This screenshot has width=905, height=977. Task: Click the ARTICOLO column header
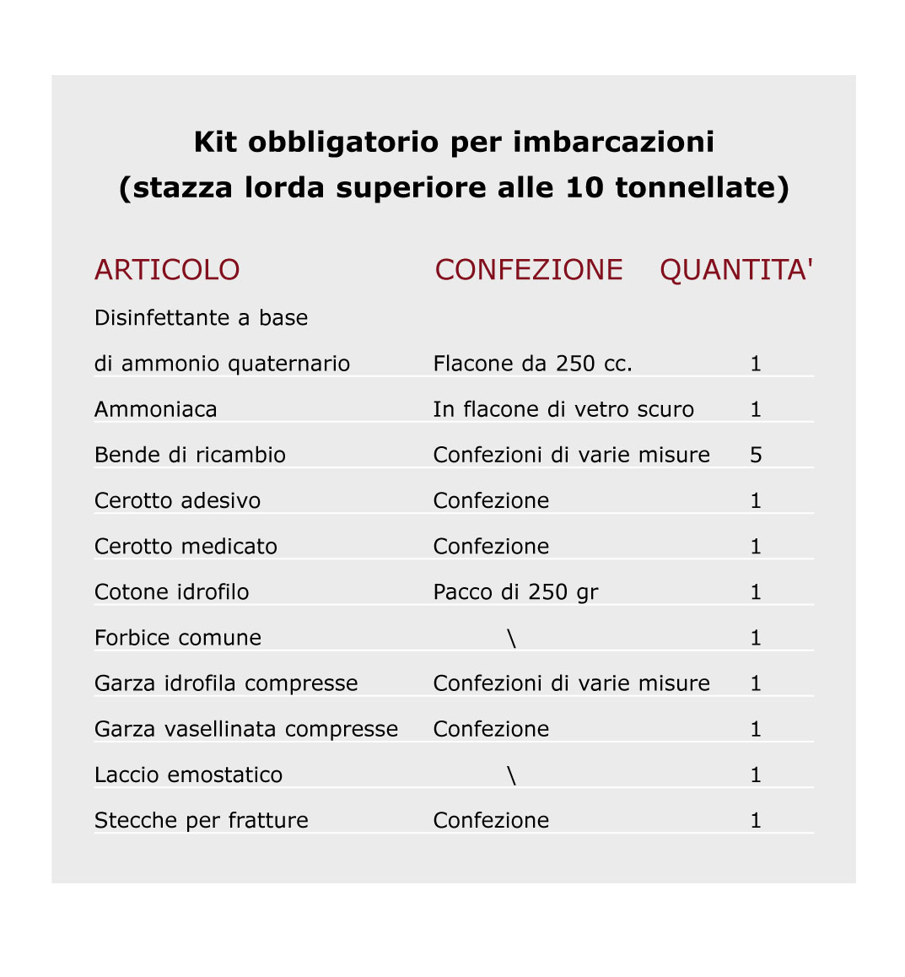pos(167,270)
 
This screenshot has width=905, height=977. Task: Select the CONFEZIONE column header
pos(529,270)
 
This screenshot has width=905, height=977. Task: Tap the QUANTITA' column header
pos(736,270)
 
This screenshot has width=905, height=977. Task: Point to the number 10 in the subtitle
pos(584,187)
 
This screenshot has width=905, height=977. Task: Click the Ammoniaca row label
pos(156,409)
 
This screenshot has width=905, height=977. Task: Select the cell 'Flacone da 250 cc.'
pos(532,364)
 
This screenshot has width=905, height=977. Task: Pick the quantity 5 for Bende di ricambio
pos(756,455)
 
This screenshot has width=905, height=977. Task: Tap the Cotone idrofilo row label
pos(172,592)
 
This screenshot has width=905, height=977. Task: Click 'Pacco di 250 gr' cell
pos(515,592)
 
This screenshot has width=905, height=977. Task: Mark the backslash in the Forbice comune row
pos(512,638)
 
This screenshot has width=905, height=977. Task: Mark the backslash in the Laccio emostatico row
pos(512,775)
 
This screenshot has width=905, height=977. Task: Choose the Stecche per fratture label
pos(202,820)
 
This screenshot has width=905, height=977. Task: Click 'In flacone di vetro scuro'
pos(563,409)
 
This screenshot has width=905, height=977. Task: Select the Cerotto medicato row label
pos(186,547)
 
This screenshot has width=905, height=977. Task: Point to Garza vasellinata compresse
pos(246,729)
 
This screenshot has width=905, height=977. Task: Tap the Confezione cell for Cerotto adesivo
pos(491,500)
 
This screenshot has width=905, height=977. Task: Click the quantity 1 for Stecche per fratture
pos(756,820)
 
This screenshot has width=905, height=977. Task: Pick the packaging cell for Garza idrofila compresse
pos(571,683)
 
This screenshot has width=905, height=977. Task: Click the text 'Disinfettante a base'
pos(201,318)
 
